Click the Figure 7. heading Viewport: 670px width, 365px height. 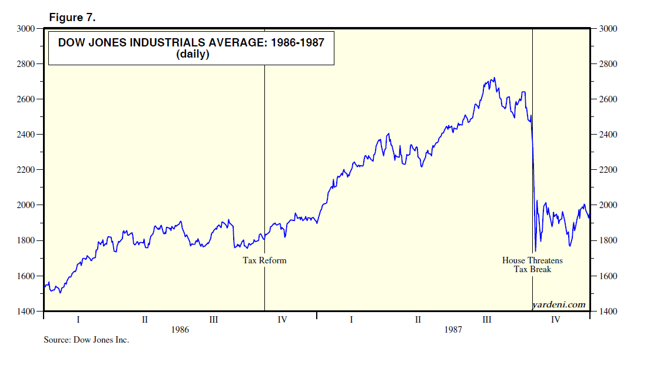coord(72,18)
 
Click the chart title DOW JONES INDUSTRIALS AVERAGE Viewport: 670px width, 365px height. coord(191,43)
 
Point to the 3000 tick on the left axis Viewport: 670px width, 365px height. coord(26,28)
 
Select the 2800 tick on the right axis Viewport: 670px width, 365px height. coord(608,63)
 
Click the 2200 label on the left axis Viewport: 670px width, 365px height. coord(26,170)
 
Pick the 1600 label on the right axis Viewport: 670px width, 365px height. coord(608,276)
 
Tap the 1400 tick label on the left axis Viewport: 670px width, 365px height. coord(26,311)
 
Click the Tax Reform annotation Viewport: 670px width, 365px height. coord(264,260)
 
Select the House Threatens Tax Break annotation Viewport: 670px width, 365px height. coord(532,264)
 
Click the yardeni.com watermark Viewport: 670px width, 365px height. coord(558,304)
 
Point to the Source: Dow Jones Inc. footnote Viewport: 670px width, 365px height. coord(86,340)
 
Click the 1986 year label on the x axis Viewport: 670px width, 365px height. coord(180,330)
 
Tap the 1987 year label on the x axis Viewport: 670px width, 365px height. coord(453,330)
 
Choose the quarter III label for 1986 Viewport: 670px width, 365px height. coord(214,320)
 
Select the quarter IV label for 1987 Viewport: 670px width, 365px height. coord(555,320)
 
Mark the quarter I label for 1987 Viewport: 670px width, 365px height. coord(351,320)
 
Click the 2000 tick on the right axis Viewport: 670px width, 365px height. coord(608,205)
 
